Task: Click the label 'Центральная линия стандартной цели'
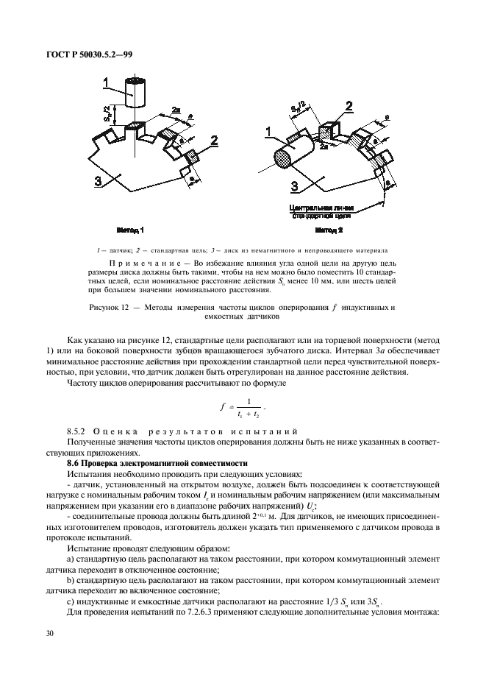[x=318, y=213]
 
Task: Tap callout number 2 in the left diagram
[x=214, y=139]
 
